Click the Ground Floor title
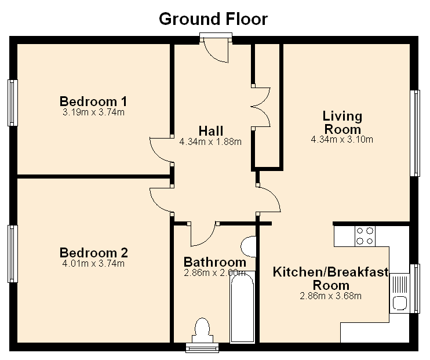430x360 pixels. (x=213, y=19)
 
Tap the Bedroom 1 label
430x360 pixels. (x=93, y=101)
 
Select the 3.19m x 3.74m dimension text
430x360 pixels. (x=93, y=112)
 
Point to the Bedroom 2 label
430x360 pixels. (x=93, y=253)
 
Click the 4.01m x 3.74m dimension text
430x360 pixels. (x=93, y=264)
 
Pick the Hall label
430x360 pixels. (x=210, y=131)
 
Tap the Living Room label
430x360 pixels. (x=342, y=123)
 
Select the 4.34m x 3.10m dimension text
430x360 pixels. (x=342, y=139)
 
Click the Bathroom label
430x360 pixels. (x=215, y=262)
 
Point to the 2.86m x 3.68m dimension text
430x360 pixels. (x=331, y=296)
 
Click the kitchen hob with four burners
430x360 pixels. (x=365, y=236)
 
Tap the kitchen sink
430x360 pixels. (x=400, y=293)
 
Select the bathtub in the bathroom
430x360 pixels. (x=242, y=307)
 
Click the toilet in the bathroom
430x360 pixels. (x=202, y=330)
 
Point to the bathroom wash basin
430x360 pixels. (x=249, y=247)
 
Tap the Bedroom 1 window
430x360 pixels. (x=13, y=103)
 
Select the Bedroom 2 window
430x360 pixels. (x=13, y=254)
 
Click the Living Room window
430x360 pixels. (x=415, y=133)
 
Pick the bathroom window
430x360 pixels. (x=202, y=348)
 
